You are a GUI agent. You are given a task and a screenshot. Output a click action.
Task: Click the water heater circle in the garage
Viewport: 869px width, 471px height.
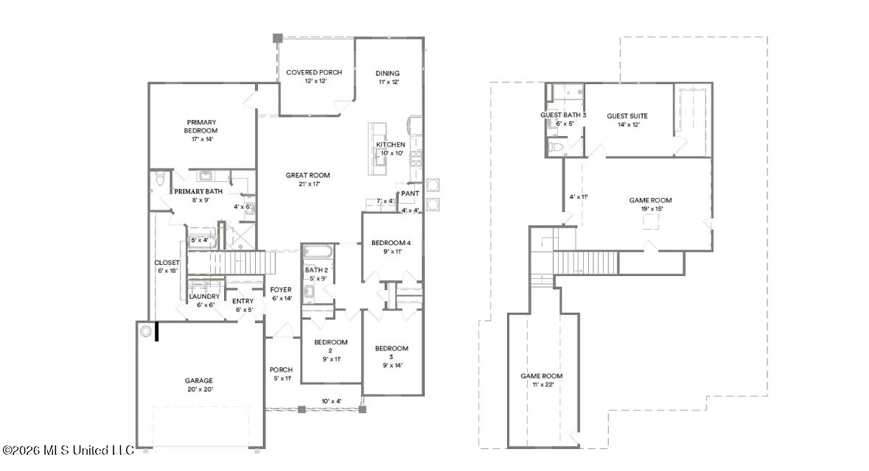[x=146, y=331]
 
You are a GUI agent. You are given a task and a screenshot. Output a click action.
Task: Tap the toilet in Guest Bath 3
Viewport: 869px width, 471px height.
[x=555, y=147]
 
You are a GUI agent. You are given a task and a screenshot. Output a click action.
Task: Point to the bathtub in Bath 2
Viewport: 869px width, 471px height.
[x=318, y=252]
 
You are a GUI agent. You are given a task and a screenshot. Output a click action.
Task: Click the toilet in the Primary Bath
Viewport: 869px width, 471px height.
[x=160, y=179]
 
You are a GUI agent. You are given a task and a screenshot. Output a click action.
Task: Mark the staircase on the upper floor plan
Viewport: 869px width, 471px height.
[x=585, y=262]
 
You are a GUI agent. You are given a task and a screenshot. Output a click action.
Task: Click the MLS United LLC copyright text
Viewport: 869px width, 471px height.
[x=68, y=450]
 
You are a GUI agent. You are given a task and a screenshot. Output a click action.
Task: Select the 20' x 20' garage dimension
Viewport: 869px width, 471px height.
[x=200, y=389]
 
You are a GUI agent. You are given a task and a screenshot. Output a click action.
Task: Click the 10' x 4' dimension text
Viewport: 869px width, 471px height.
[x=332, y=401]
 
